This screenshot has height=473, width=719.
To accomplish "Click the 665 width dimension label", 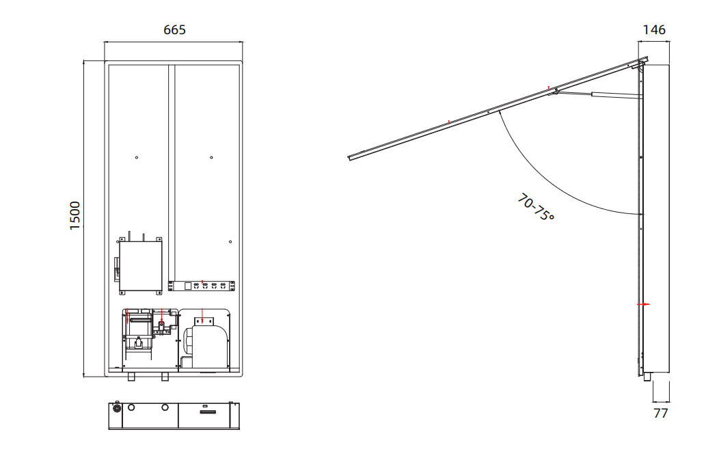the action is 175,30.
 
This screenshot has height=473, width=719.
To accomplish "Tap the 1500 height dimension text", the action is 74,215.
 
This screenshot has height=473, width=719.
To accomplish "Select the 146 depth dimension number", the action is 654,30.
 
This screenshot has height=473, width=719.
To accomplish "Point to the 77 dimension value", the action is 660,414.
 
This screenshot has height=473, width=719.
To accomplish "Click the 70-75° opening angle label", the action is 536,207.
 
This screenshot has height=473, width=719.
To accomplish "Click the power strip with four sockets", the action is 202,286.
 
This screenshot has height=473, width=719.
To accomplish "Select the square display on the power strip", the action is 187,286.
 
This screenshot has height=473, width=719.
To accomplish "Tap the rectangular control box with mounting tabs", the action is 140,266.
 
